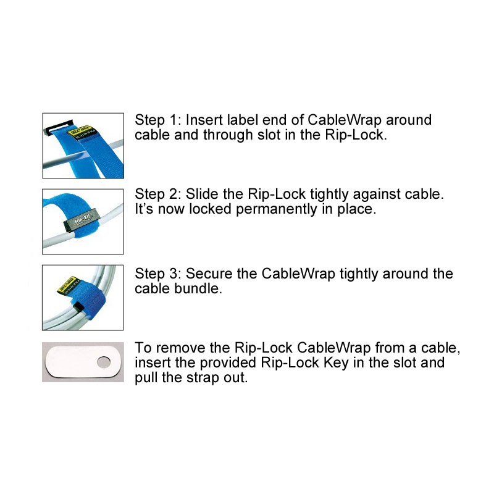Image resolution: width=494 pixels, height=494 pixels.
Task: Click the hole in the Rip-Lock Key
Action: (104, 362)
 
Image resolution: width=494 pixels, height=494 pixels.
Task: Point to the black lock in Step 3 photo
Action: (78, 306)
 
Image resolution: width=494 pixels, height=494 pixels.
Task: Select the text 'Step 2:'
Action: (158, 195)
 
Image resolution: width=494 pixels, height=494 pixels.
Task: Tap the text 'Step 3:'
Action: (158, 274)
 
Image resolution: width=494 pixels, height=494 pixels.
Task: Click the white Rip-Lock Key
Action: (83, 362)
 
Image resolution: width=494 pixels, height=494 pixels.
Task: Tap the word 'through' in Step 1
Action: (228, 136)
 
